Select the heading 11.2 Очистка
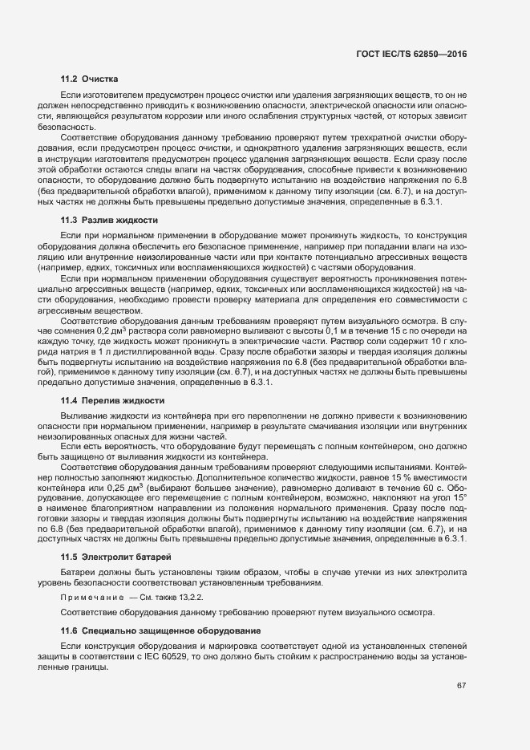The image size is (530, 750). (90, 79)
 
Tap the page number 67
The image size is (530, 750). (461, 685)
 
